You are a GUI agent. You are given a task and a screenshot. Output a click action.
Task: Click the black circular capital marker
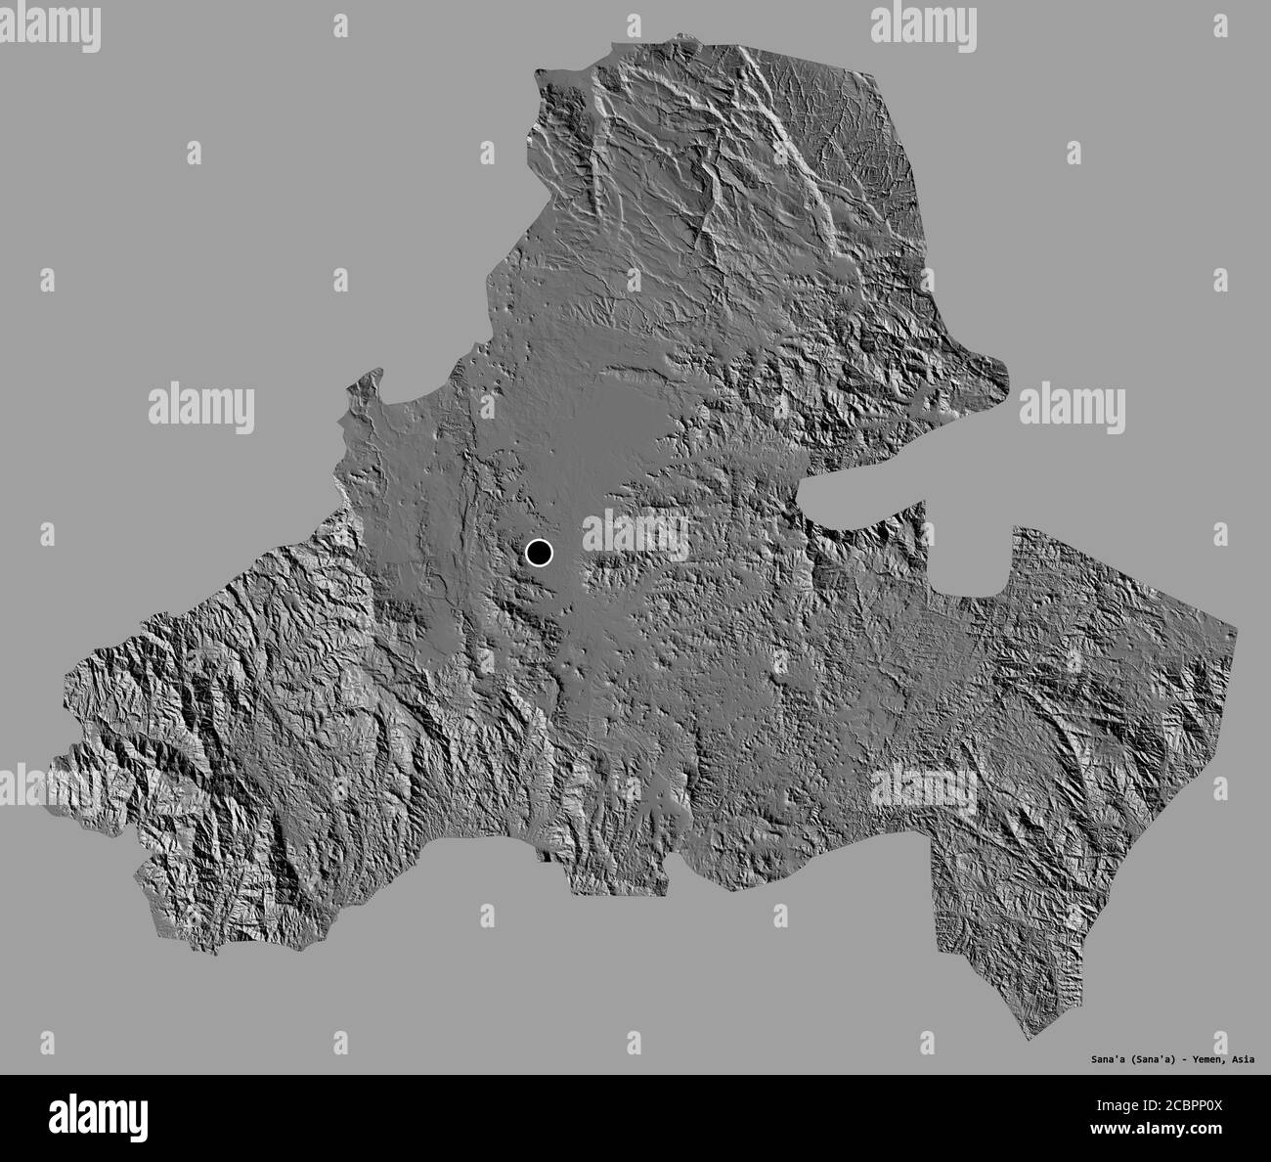[539, 554]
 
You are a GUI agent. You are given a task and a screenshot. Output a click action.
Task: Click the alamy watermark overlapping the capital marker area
[635, 533]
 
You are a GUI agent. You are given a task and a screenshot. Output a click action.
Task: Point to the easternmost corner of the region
[1236, 622]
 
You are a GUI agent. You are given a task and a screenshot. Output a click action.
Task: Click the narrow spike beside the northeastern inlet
[919, 509]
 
